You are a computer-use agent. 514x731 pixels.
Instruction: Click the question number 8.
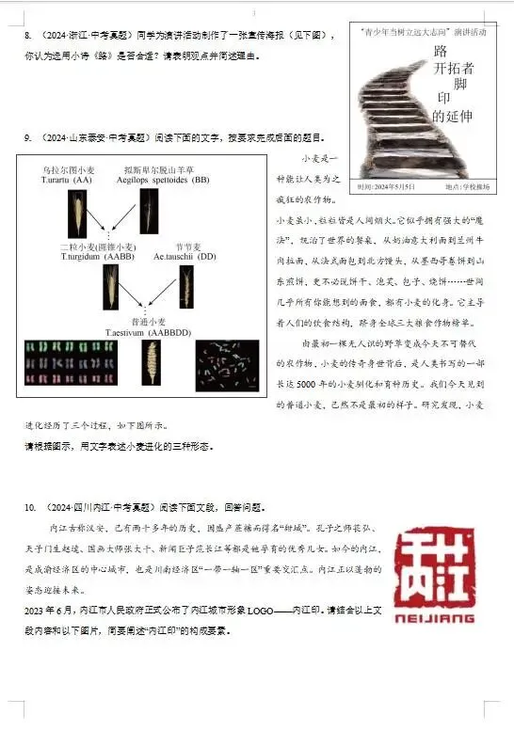(27, 36)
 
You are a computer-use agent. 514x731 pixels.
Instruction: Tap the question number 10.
(30, 506)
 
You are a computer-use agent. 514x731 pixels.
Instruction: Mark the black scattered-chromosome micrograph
(227, 365)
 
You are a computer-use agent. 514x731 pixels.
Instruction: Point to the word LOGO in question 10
(260, 611)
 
